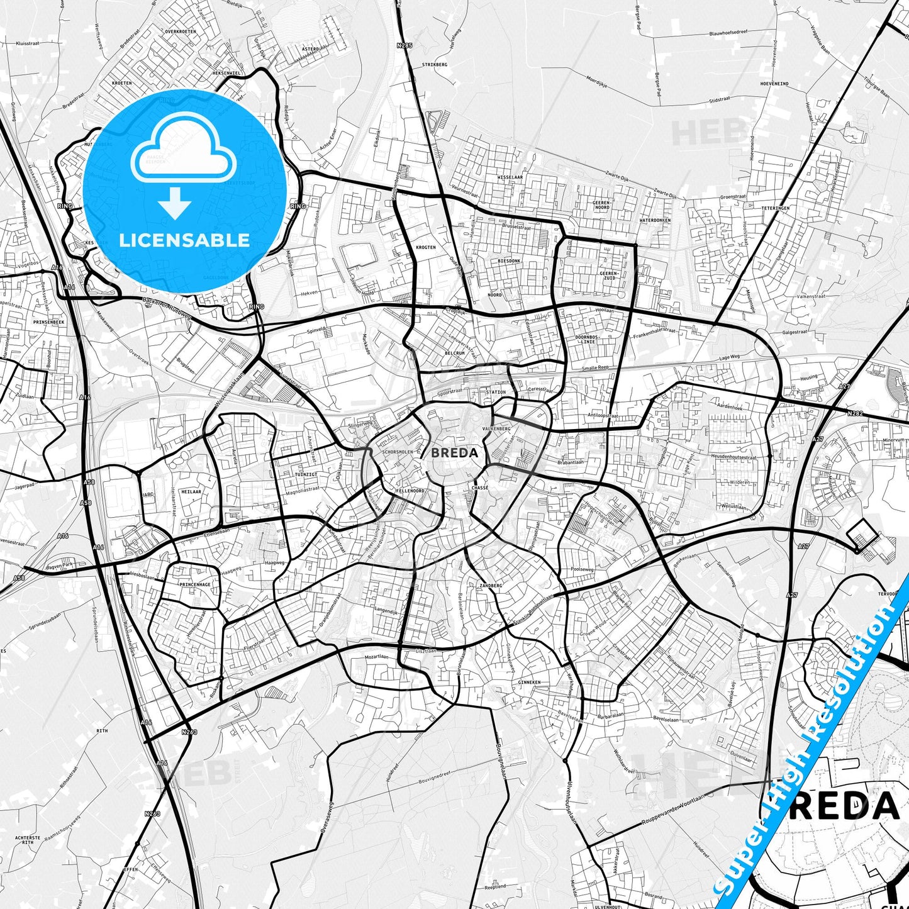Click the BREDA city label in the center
pos(454,452)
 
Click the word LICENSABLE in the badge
pos(184,240)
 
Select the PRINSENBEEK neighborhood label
pos(49,321)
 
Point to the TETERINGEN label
pos(775,208)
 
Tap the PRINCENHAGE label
pos(195,584)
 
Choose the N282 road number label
pos(855,413)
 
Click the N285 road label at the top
pos(404,45)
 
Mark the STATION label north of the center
pos(496,392)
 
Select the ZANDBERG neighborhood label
pos(491,585)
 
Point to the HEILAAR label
pos(191,492)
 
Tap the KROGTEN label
pos(426,247)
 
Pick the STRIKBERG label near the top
pos(435,64)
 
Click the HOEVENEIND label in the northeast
pos(774,83)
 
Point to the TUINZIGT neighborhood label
pos(306,474)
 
